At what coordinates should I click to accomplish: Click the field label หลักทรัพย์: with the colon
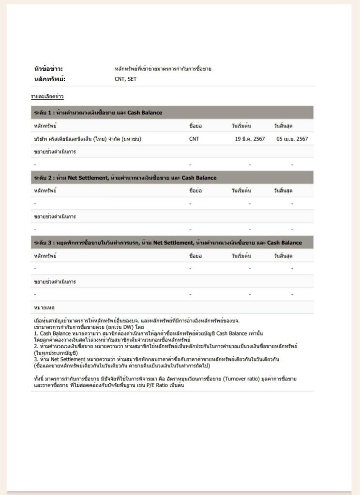point(49,79)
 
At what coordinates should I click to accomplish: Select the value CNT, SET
point(125,79)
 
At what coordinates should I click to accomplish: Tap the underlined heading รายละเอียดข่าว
point(47,97)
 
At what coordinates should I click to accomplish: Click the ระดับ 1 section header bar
point(172,113)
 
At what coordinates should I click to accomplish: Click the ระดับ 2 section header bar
point(172,177)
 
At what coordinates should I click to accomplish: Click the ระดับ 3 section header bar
point(172,242)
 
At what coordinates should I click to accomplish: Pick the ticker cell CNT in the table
point(194,139)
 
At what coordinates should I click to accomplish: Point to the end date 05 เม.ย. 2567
point(292,139)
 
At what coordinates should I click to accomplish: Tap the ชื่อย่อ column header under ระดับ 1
point(195,126)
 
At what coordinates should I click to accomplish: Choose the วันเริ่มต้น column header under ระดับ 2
point(241,190)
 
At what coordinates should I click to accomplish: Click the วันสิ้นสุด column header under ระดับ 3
point(283,255)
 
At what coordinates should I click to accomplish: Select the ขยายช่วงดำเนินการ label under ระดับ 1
point(55,152)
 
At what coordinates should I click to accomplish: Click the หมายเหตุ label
point(44,307)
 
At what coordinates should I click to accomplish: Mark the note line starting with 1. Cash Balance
point(149,334)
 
